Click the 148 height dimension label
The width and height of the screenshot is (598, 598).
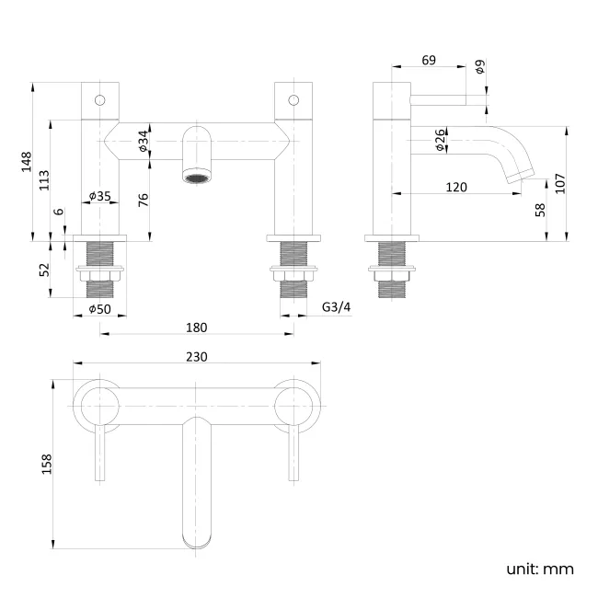point(28,162)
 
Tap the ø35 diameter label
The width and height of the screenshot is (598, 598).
point(99,196)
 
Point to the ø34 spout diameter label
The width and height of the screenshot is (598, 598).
point(144,141)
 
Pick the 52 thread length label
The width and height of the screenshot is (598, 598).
point(45,270)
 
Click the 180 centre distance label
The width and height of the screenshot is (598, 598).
point(196,328)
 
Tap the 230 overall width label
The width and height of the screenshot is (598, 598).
point(198,357)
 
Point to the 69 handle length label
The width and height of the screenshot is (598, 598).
point(429,61)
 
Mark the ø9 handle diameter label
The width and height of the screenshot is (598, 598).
point(480,66)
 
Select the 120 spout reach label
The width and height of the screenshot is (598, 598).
point(456,187)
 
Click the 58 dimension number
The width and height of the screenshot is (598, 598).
point(539,209)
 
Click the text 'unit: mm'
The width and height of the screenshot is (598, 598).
point(539,569)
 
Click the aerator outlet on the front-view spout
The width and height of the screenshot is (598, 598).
point(197,178)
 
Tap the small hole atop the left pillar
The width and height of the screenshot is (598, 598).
point(100,98)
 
